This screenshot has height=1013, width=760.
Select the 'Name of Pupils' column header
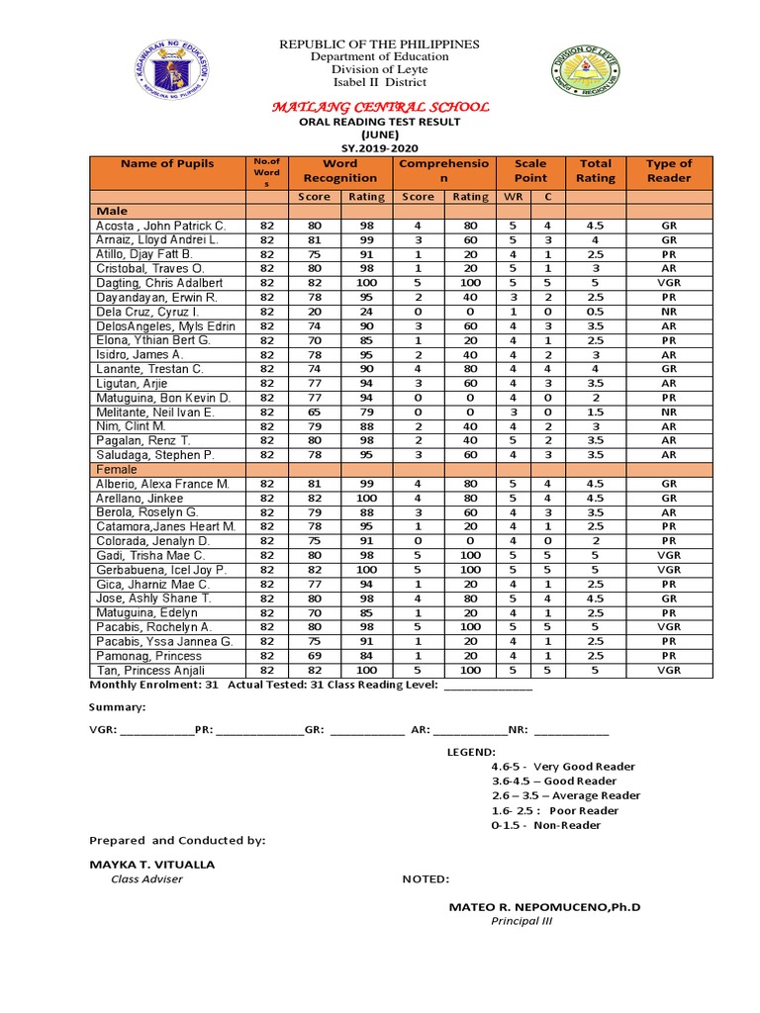click(167, 164)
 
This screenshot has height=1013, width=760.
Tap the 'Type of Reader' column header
click(669, 170)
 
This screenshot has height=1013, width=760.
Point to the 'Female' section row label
click(116, 469)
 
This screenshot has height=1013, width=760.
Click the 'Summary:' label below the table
click(118, 707)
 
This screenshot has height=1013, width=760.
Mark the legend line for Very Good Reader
click(563, 766)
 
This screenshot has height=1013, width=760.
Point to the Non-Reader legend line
click(545, 824)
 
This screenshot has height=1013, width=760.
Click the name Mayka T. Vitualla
click(152, 864)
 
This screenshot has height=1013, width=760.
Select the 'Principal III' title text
click(522, 921)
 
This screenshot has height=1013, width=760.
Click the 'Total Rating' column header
click(595, 170)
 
